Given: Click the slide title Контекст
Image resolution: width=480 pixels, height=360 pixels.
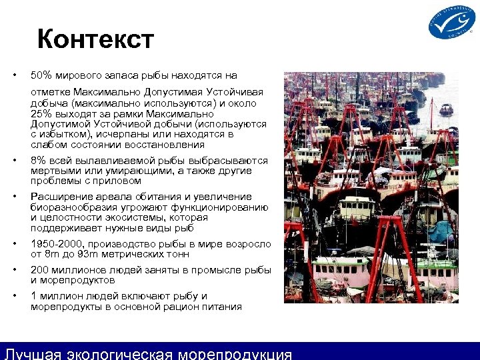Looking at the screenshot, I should coord(95,39).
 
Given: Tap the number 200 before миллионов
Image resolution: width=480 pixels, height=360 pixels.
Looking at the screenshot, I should coord(40,270).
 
